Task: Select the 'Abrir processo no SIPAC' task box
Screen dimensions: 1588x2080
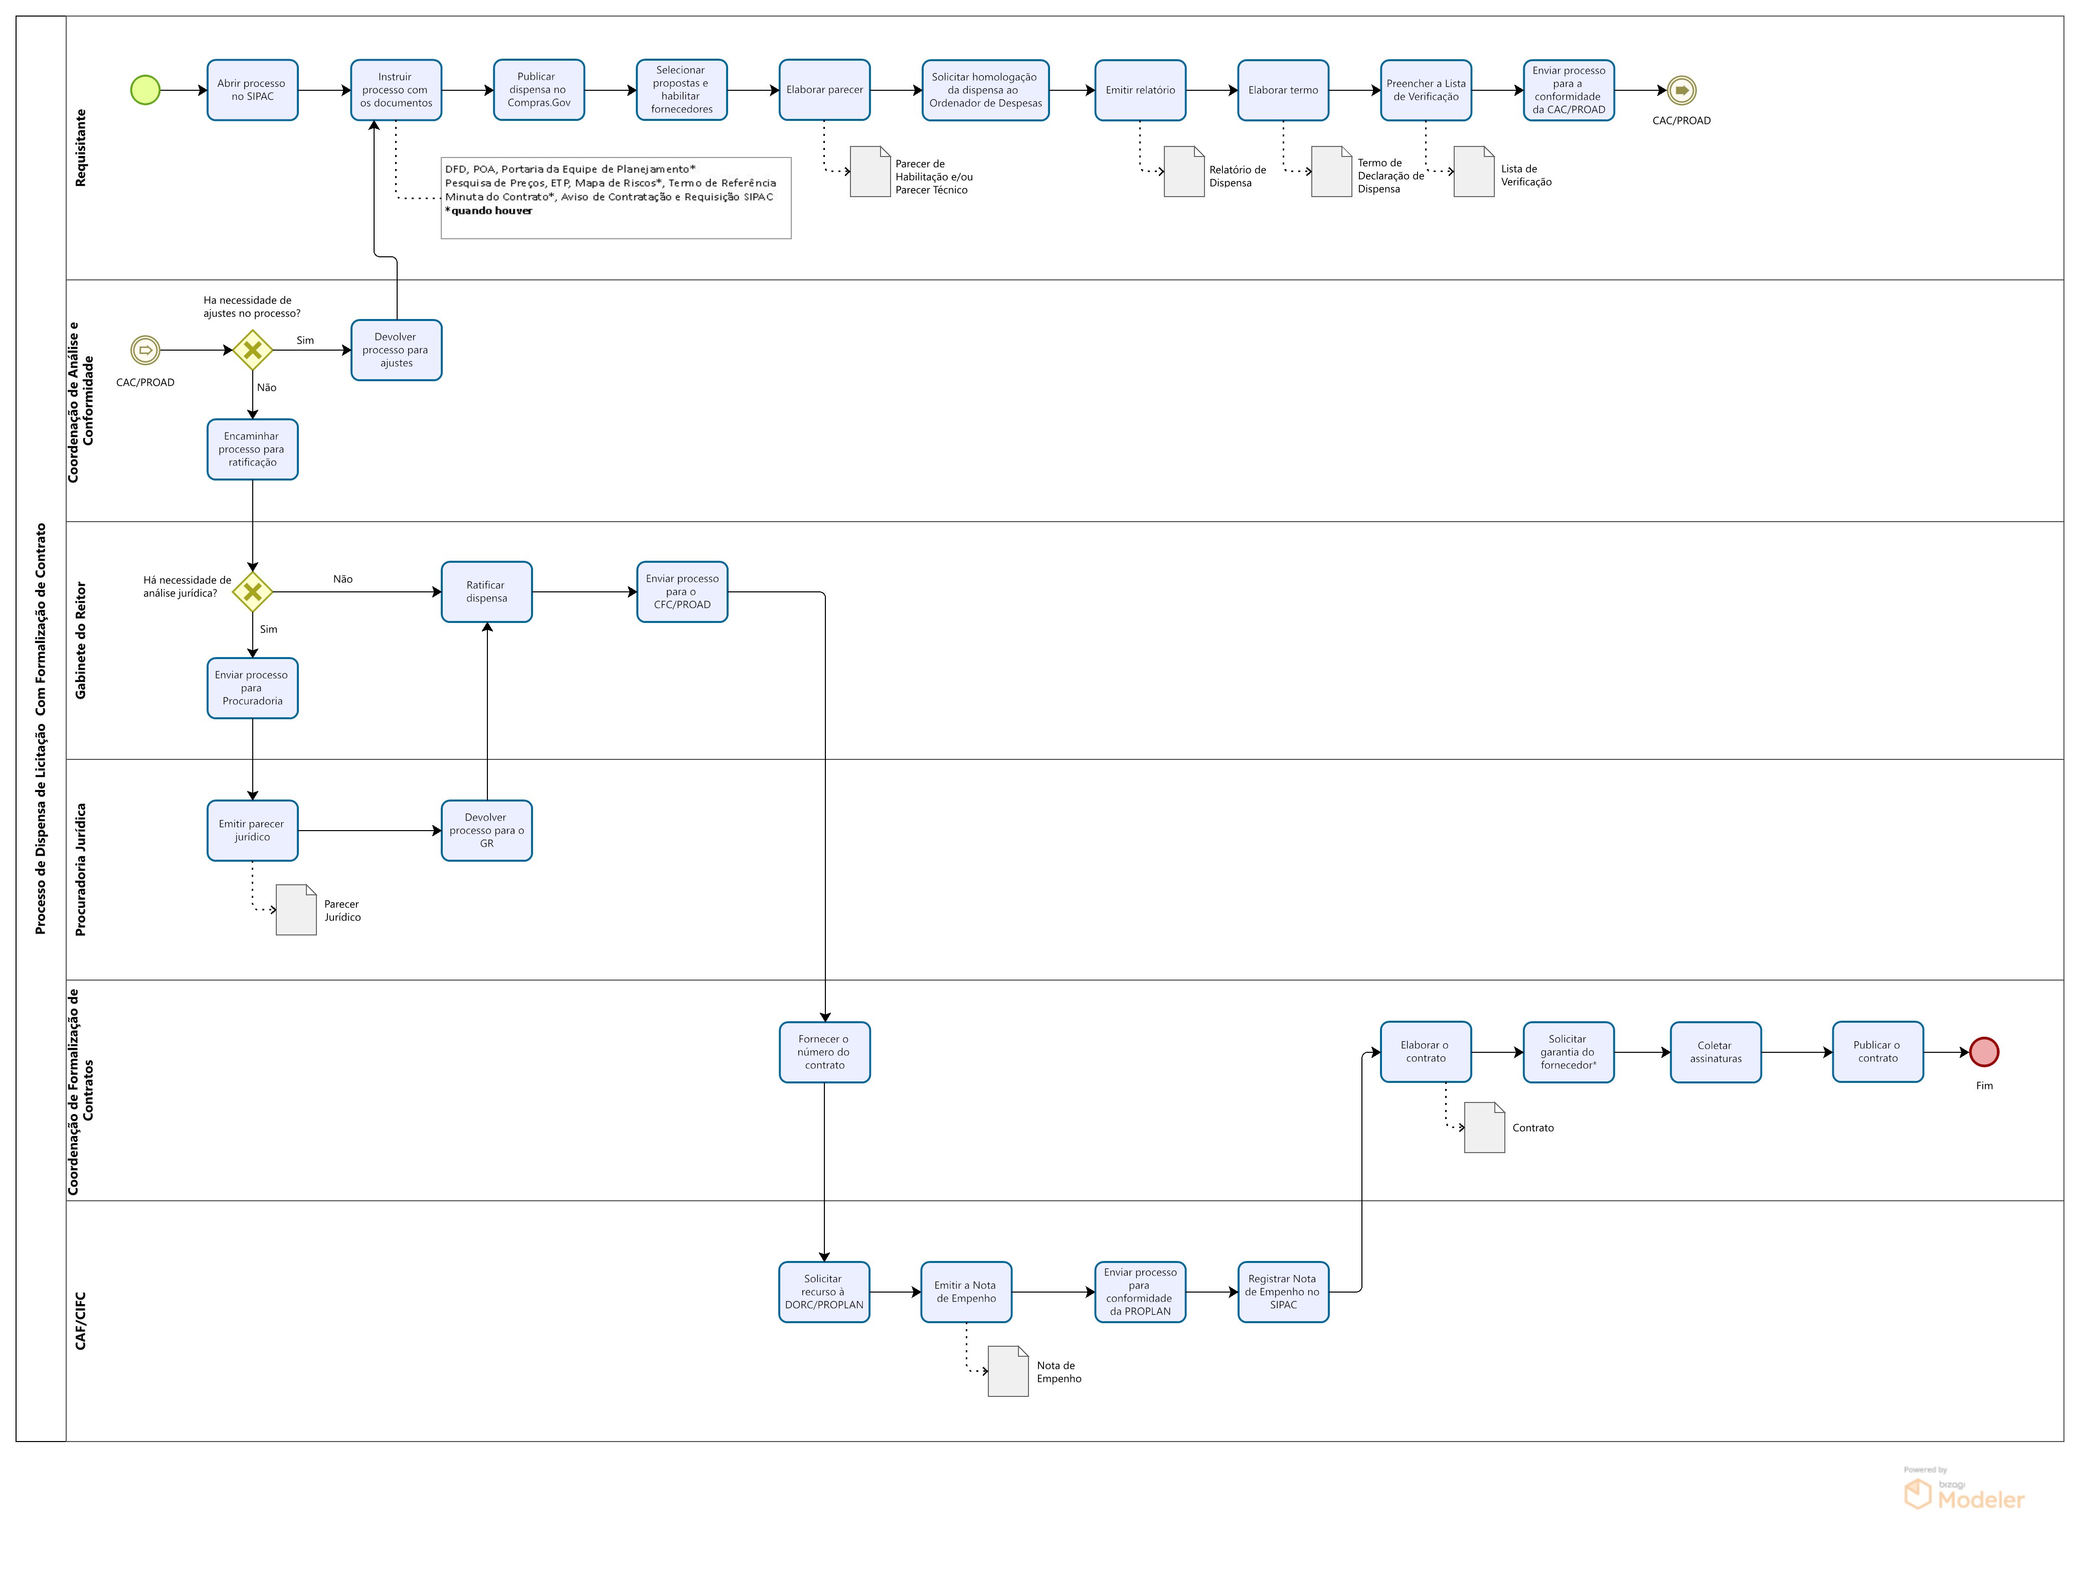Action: point(252,90)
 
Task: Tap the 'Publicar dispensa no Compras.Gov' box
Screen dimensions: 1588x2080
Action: point(539,90)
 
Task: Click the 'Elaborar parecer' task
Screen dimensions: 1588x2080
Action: point(824,90)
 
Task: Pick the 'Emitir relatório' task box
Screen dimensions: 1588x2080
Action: point(1140,90)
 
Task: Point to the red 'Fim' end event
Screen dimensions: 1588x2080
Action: point(1984,1051)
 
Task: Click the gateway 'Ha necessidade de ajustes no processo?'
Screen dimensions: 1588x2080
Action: point(252,350)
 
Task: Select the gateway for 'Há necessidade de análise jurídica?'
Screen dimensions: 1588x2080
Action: point(252,592)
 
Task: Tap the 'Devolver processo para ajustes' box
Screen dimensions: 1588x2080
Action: point(396,350)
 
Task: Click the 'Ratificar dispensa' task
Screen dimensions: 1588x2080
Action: point(487,592)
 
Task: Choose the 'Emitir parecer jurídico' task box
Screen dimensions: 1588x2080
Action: point(252,830)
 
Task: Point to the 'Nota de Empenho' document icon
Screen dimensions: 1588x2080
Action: point(1007,1371)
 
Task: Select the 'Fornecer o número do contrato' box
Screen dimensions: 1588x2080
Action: point(824,1051)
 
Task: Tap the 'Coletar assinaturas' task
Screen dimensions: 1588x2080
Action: point(1715,1051)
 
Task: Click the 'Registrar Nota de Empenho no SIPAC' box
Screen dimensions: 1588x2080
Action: point(1282,1291)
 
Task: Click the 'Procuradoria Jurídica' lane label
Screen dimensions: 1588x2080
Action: point(80,870)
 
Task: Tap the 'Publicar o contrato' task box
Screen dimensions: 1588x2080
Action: point(1877,1051)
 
